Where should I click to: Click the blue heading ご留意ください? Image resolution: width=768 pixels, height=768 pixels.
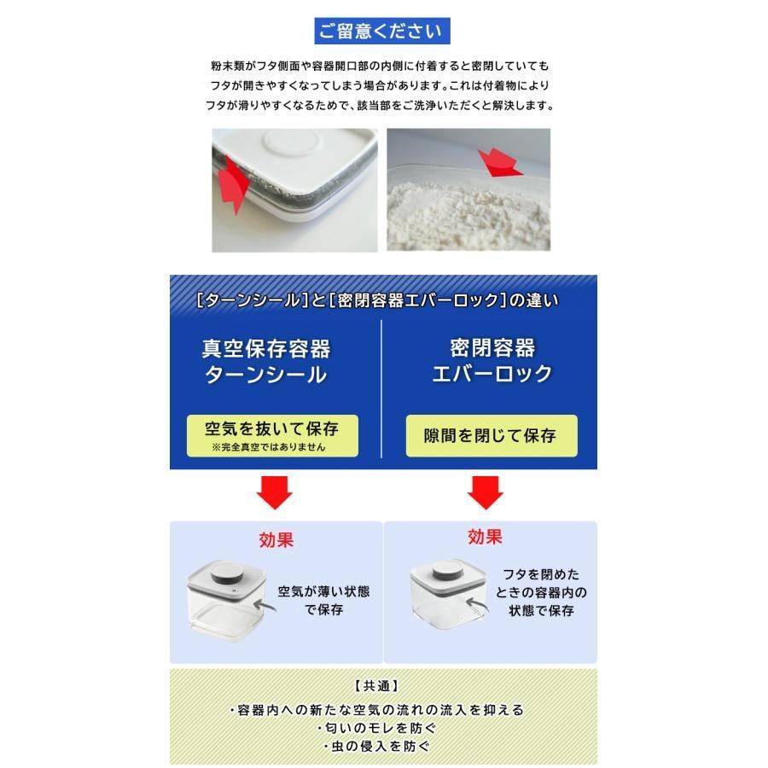click(x=382, y=31)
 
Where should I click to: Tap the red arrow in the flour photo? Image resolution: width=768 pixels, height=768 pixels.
click(x=499, y=163)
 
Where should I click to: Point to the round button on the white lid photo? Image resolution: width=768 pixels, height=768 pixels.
click(x=291, y=142)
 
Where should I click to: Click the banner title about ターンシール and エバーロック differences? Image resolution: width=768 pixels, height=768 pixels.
click(x=376, y=300)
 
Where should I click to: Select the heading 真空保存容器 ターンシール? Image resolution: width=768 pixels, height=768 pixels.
click(x=266, y=362)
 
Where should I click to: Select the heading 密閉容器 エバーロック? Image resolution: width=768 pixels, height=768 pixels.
click(x=492, y=360)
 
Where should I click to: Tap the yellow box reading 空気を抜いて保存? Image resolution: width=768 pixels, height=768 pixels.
click(x=272, y=435)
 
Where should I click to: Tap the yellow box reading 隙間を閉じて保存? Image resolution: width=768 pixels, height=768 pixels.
click(x=492, y=435)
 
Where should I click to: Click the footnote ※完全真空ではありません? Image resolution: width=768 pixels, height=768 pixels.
click(x=269, y=446)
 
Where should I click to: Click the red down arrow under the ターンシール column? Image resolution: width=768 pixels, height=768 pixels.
click(x=274, y=492)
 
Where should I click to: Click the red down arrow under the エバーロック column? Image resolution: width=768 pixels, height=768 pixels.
click(x=485, y=492)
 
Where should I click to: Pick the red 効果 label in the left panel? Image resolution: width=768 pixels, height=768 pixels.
click(x=276, y=540)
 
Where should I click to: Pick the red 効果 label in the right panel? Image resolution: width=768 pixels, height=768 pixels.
click(x=485, y=537)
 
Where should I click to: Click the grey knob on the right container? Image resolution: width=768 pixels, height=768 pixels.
click(x=447, y=568)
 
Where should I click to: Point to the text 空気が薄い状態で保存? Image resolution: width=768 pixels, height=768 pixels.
click(x=323, y=600)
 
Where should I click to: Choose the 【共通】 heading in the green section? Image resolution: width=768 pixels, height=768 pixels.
click(x=376, y=686)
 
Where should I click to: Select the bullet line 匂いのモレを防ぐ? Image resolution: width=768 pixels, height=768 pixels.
click(x=376, y=729)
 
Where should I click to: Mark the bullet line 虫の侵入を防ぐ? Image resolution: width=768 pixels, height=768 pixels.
click(x=376, y=747)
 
